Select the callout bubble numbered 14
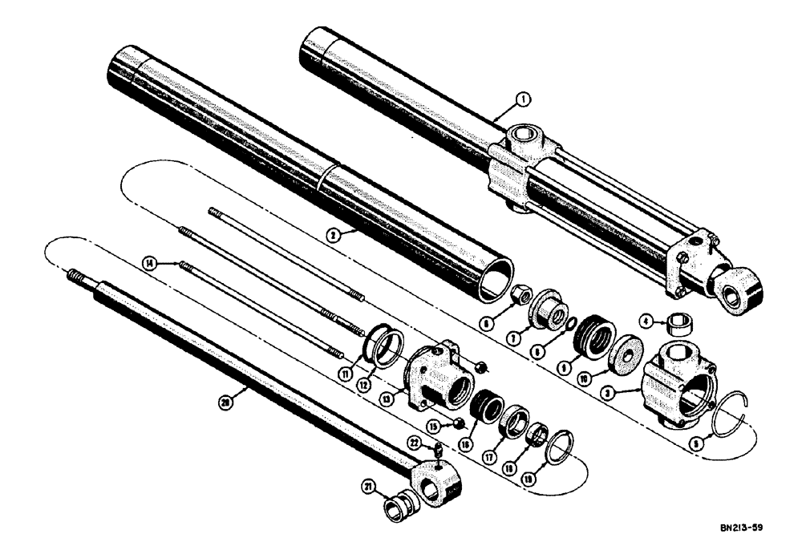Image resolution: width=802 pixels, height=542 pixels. (148, 262)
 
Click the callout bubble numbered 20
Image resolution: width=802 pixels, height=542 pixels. (225, 406)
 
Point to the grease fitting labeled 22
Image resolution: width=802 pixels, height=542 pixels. (439, 454)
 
